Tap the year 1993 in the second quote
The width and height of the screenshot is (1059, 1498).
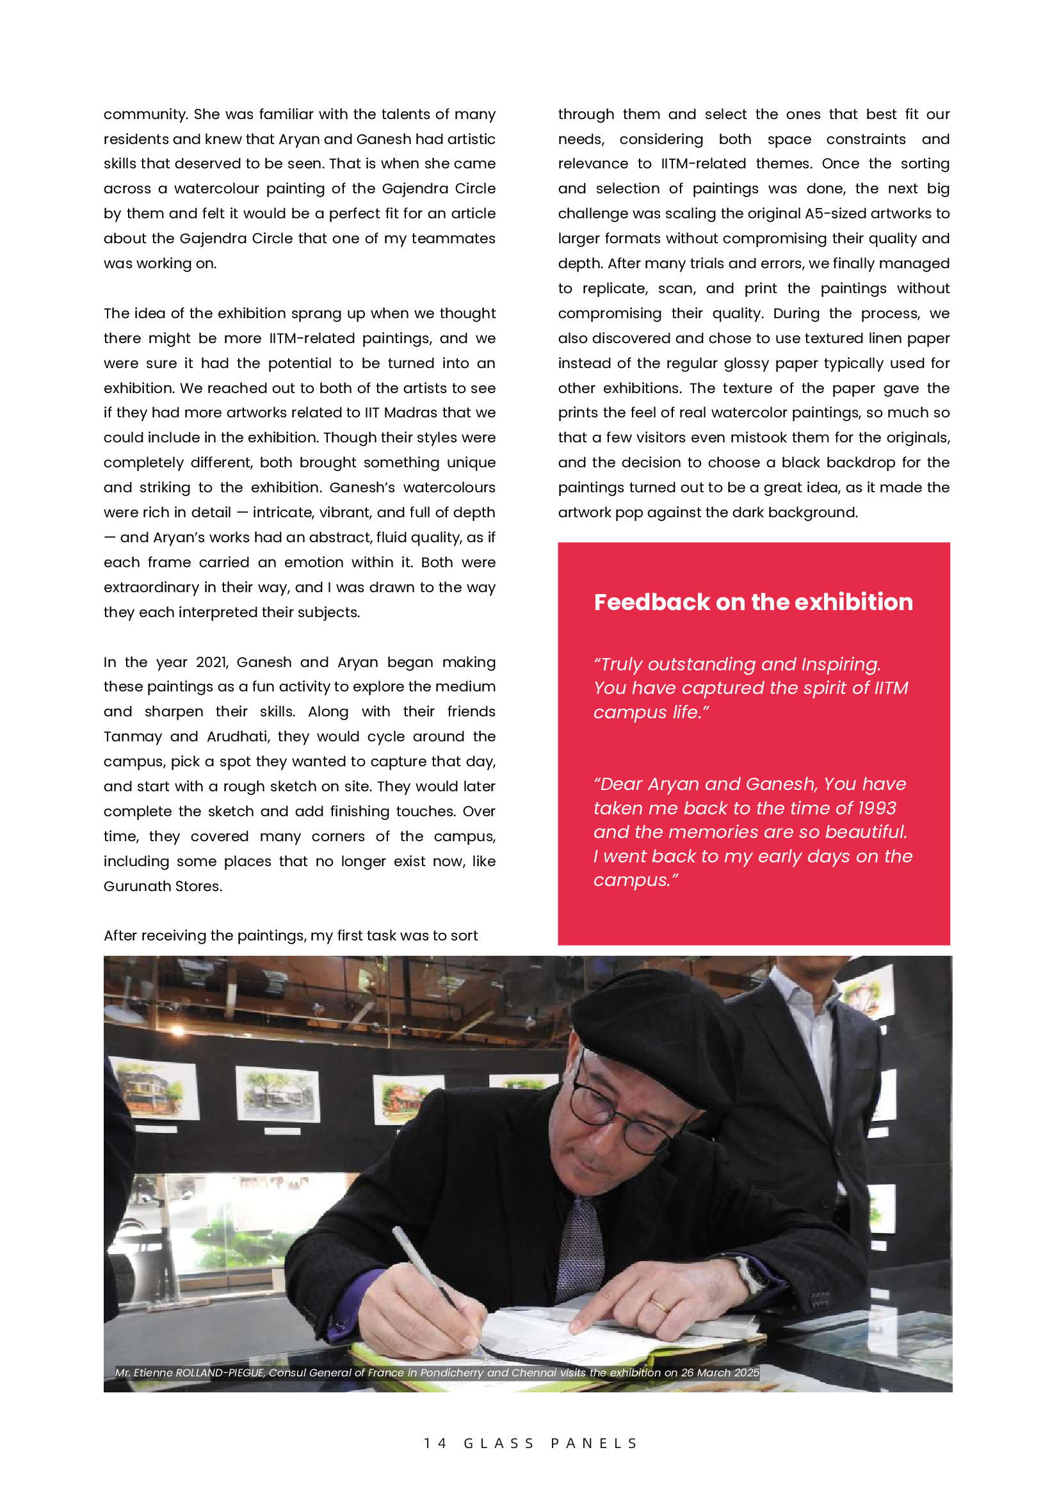tap(877, 809)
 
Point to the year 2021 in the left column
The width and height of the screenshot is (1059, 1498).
tap(211, 662)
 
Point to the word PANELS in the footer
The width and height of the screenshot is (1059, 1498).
tap(594, 1443)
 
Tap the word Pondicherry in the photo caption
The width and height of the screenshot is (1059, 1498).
tap(451, 1372)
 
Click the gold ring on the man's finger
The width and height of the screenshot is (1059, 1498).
tap(658, 1305)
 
